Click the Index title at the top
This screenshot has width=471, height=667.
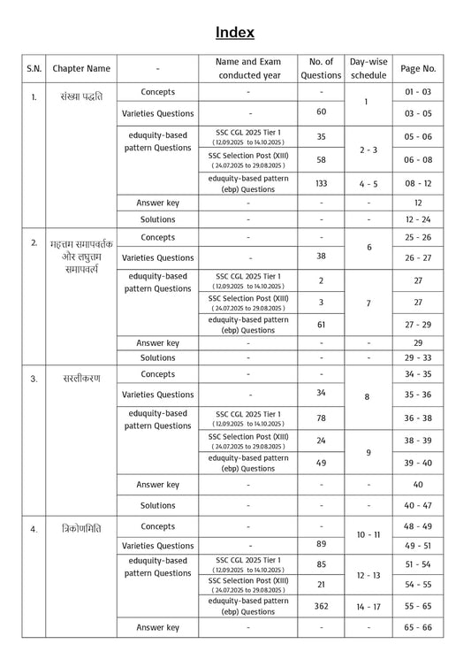click(x=235, y=33)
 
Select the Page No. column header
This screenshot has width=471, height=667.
click(x=418, y=68)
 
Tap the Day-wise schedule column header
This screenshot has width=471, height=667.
click(x=368, y=68)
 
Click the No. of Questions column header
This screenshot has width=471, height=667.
click(x=321, y=68)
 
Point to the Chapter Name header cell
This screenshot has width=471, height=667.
click(x=81, y=68)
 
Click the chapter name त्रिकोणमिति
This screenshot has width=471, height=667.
click(x=77, y=529)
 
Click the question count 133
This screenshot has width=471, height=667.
click(x=321, y=183)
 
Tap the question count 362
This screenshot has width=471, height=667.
click(x=321, y=606)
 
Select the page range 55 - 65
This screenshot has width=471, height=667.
click(x=418, y=606)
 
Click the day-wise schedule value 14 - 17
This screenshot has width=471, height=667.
click(x=368, y=606)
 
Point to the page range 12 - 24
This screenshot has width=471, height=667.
click(x=418, y=219)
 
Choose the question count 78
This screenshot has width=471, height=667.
click(x=321, y=418)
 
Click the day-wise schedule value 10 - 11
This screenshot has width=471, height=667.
click(x=368, y=536)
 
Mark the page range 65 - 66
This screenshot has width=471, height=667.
click(x=418, y=627)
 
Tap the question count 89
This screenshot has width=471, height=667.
click(x=321, y=545)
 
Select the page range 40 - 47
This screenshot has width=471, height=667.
click(x=418, y=505)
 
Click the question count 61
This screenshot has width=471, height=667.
click(x=321, y=325)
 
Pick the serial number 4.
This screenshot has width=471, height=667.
click(x=34, y=529)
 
